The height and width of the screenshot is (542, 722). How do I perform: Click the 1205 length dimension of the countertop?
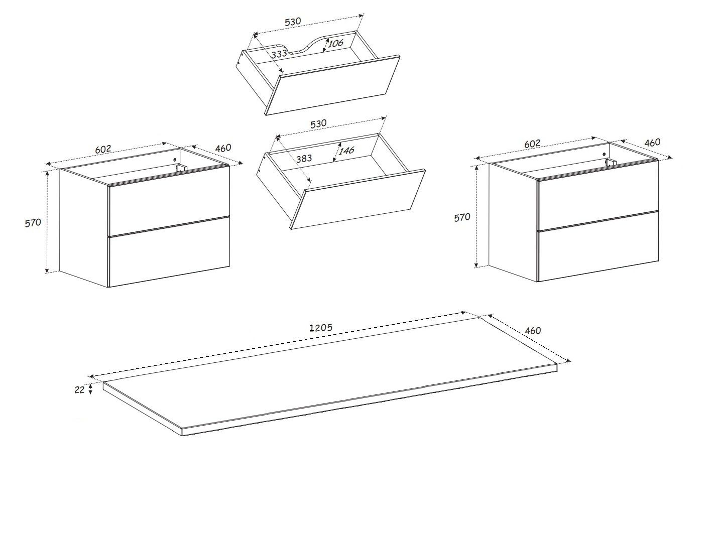coord(321,328)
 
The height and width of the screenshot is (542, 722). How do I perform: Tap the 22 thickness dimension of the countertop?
coord(80,390)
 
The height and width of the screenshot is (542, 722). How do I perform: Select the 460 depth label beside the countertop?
coord(533,330)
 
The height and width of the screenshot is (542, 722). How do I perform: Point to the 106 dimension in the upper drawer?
coord(335,43)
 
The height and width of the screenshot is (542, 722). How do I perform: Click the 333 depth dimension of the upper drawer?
coord(279,54)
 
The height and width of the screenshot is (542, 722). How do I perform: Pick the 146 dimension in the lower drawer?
coord(346,151)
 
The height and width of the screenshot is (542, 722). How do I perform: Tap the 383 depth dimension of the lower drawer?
coord(304,159)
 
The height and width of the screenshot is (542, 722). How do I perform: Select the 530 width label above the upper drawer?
coord(293,22)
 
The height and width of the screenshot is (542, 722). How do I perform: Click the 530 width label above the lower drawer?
coord(318,123)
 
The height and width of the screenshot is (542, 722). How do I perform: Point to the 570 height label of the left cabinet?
coord(33,223)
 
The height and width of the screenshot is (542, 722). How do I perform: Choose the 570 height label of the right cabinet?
coord(462,218)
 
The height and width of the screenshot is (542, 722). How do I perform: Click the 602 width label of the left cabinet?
coord(103,149)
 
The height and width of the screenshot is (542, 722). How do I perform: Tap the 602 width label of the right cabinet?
coord(532,144)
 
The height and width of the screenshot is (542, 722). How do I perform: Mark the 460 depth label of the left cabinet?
coord(223,148)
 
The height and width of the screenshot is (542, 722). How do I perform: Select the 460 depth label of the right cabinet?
coord(652,143)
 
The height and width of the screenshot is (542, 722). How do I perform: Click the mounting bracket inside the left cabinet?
coord(182,168)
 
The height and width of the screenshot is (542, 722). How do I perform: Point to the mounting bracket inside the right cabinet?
coord(611,163)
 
